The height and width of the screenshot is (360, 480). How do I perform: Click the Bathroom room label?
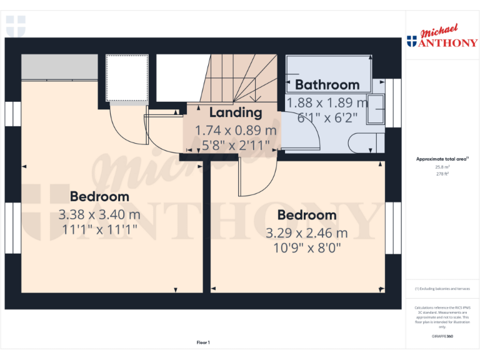327,84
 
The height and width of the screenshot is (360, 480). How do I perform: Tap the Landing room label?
235,112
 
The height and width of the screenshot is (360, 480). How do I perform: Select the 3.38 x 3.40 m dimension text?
99,214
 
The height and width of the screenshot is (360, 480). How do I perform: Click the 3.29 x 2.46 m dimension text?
307,233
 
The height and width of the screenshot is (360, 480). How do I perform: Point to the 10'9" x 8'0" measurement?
307,247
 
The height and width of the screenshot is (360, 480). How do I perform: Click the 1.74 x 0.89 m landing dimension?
235,131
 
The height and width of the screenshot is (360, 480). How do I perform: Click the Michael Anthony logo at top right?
442,37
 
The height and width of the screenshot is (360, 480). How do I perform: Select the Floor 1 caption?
203,342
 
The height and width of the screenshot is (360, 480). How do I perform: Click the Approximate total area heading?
442,159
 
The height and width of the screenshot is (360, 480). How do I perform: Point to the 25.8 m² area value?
442,167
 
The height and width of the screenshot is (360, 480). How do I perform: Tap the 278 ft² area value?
442,174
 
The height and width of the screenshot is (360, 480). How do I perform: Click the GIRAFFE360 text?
442,336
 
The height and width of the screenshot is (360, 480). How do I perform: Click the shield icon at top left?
16,27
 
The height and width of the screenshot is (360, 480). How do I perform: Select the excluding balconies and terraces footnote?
442,289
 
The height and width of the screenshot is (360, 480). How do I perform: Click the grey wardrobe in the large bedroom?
59,66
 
